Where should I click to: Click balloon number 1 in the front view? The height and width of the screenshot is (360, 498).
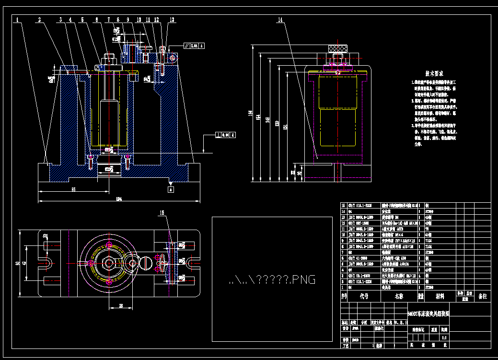pyautogui.click(x=17, y=20)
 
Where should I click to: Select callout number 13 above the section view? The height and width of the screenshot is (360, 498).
pyautogui.click(x=172, y=20)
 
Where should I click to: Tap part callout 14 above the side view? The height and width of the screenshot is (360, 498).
pyautogui.click(x=280, y=20)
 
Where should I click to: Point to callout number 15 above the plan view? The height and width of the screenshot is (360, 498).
pyautogui.click(x=162, y=212)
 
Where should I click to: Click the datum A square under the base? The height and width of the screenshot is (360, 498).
pyautogui.click(x=171, y=189)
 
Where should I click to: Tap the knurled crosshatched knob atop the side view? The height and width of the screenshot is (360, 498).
pyautogui.click(x=337, y=48)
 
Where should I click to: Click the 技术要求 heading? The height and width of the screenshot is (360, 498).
pyautogui.click(x=434, y=74)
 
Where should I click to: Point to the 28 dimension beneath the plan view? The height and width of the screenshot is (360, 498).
pyautogui.click(x=121, y=305)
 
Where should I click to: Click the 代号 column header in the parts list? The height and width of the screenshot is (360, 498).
pyautogui.click(x=364, y=296)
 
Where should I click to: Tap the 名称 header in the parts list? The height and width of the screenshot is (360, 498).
pyautogui.click(x=399, y=296)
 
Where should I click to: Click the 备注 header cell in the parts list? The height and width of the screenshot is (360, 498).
pyautogui.click(x=482, y=296)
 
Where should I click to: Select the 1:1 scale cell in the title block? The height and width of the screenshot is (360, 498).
pyautogui.click(x=444, y=337)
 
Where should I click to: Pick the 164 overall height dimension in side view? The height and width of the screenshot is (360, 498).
pyautogui.click(x=250, y=113)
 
